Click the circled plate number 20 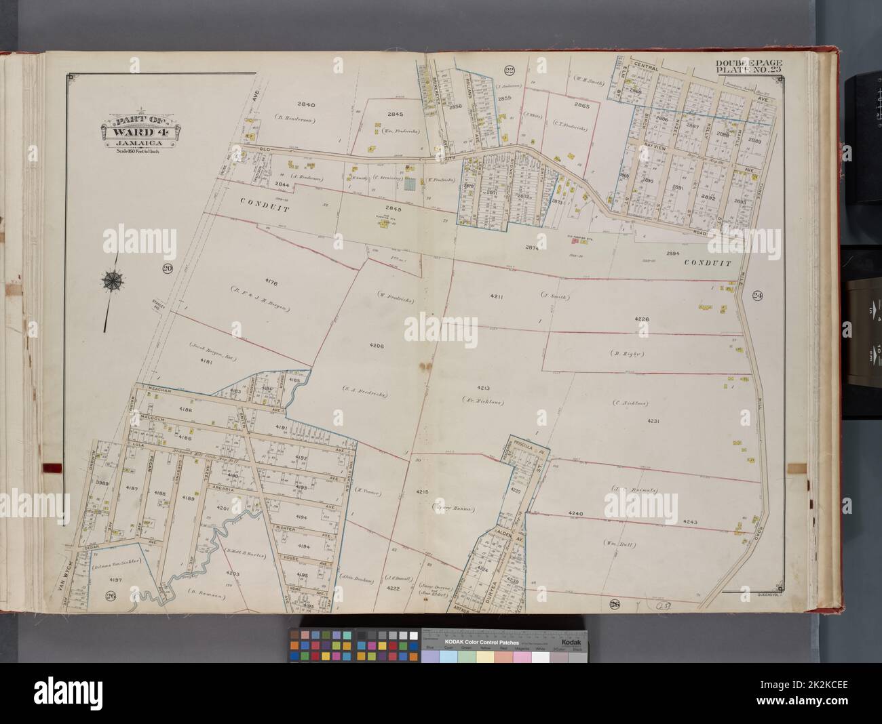tap(167, 269)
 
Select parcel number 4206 tap(377, 346)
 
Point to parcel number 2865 tap(581, 106)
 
